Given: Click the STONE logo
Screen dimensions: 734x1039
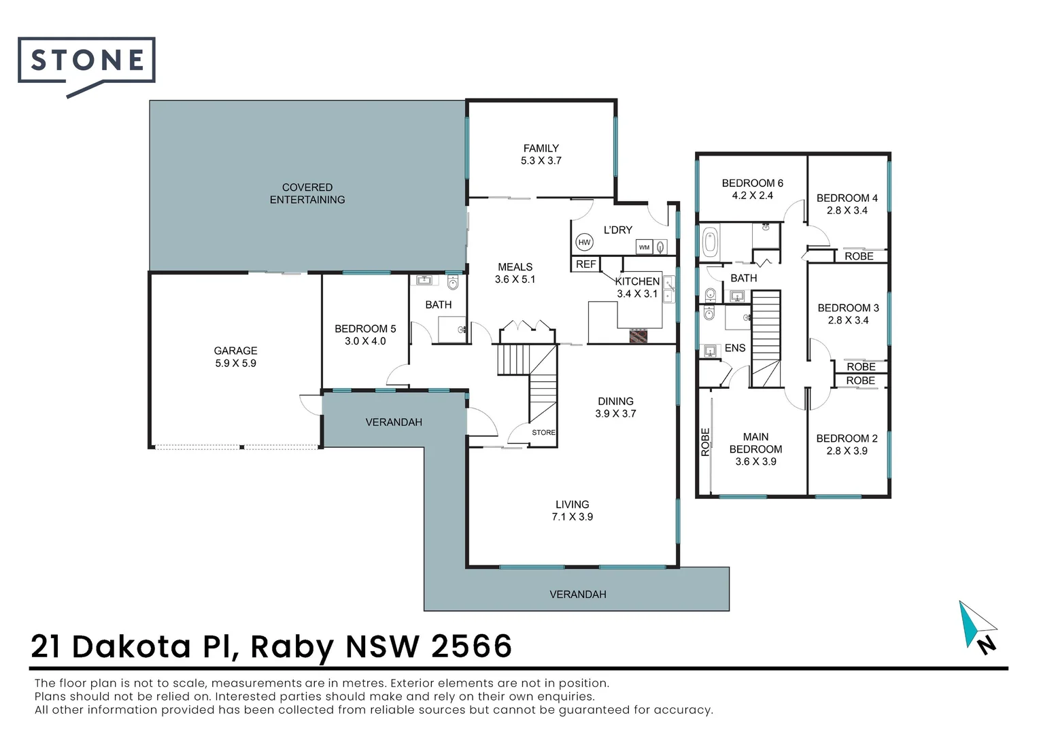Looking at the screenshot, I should pyautogui.click(x=87, y=61).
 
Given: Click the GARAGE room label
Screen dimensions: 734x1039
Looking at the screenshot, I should pyautogui.click(x=235, y=351).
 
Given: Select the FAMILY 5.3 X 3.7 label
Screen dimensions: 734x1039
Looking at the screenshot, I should pyautogui.click(x=541, y=154).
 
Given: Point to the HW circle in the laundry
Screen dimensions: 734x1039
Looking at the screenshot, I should pyautogui.click(x=584, y=242).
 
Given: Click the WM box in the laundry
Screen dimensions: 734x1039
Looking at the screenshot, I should pyautogui.click(x=644, y=247).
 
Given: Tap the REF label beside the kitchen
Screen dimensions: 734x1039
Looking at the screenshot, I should pyautogui.click(x=585, y=264).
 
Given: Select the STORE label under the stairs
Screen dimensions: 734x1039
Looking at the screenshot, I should pyautogui.click(x=543, y=432).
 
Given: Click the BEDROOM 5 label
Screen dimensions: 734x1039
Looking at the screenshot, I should pyautogui.click(x=365, y=329).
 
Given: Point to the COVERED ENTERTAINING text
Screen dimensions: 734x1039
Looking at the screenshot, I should pyautogui.click(x=307, y=194).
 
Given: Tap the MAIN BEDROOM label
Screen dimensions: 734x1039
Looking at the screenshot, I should pyautogui.click(x=755, y=443).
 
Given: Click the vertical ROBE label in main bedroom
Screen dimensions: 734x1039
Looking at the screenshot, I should pyautogui.click(x=705, y=442).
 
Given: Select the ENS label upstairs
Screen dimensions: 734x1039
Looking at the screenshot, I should pyautogui.click(x=735, y=348).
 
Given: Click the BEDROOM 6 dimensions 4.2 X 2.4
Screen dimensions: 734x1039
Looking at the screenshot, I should pyautogui.click(x=752, y=196).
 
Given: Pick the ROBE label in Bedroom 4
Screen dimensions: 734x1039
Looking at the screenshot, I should pyautogui.click(x=859, y=256).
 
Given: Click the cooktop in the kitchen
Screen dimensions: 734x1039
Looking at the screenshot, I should pyautogui.click(x=638, y=335).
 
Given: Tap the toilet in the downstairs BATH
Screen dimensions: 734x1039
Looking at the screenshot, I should pyautogui.click(x=454, y=283).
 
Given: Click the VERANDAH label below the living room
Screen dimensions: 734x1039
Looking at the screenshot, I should pyautogui.click(x=577, y=595).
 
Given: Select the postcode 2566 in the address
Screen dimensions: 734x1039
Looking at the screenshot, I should pyautogui.click(x=471, y=646).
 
